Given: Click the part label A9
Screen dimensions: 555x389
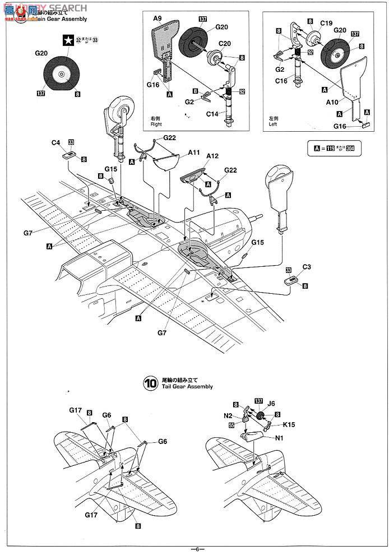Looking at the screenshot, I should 156,18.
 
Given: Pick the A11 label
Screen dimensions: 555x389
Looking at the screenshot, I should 194,152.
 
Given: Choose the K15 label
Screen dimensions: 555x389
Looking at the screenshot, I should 289,425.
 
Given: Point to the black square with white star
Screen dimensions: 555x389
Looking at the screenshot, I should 69,40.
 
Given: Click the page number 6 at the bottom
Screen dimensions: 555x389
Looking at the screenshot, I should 197,549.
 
